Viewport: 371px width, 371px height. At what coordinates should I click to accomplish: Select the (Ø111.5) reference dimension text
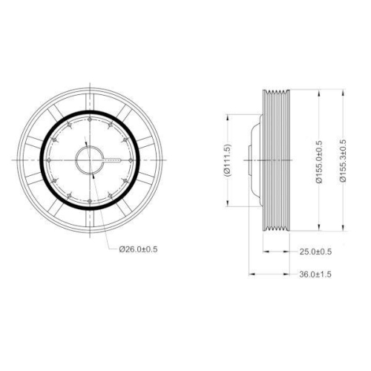[x=229, y=160]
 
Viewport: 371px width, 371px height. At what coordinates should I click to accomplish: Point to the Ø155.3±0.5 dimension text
[x=342, y=160]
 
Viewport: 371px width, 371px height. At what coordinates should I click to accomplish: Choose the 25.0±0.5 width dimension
[x=314, y=252]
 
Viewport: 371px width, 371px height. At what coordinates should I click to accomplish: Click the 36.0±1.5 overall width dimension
[x=314, y=274]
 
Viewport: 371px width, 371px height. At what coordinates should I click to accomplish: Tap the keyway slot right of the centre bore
[x=113, y=160]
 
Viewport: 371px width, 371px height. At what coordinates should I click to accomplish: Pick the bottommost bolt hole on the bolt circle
[x=90, y=202]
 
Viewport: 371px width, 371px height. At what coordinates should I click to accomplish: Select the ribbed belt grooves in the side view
[x=278, y=160]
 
